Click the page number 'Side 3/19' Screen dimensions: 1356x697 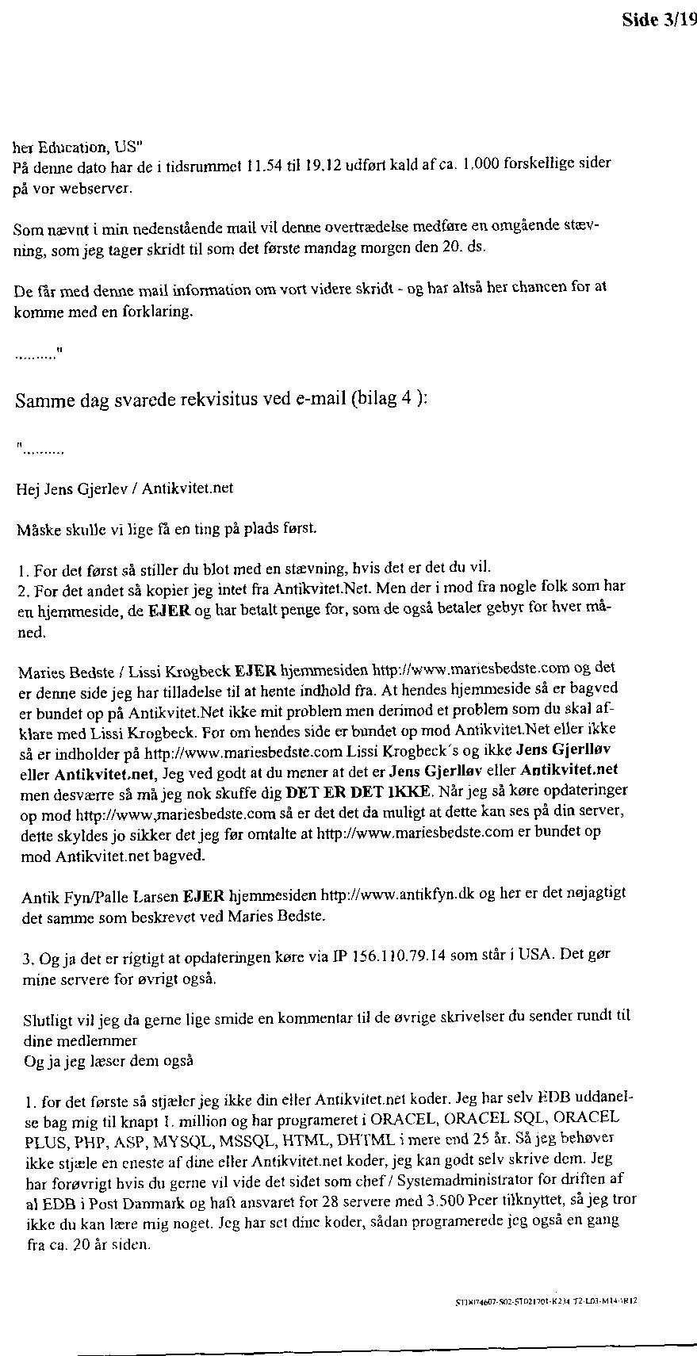click(x=659, y=21)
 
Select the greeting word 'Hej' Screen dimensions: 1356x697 click(x=28, y=488)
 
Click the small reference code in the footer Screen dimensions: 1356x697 click(x=546, y=1301)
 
